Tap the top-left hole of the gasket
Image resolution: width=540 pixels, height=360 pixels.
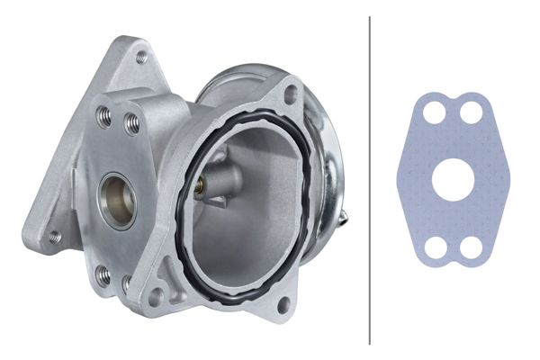(x=435, y=115)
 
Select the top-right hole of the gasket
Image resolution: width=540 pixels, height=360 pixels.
(x=469, y=115)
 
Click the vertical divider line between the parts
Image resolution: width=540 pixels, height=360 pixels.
(x=370, y=180)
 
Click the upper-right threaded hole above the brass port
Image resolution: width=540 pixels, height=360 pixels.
(x=132, y=126)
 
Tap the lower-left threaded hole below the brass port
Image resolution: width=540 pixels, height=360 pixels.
(x=104, y=274)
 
